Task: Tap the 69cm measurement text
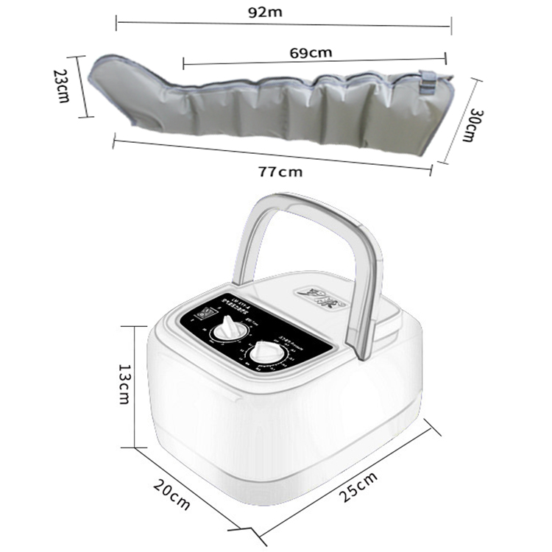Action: [310, 52]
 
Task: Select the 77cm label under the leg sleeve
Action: [280, 171]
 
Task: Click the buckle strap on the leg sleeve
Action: [428, 81]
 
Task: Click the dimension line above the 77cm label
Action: [272, 152]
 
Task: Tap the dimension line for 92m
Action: [283, 24]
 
